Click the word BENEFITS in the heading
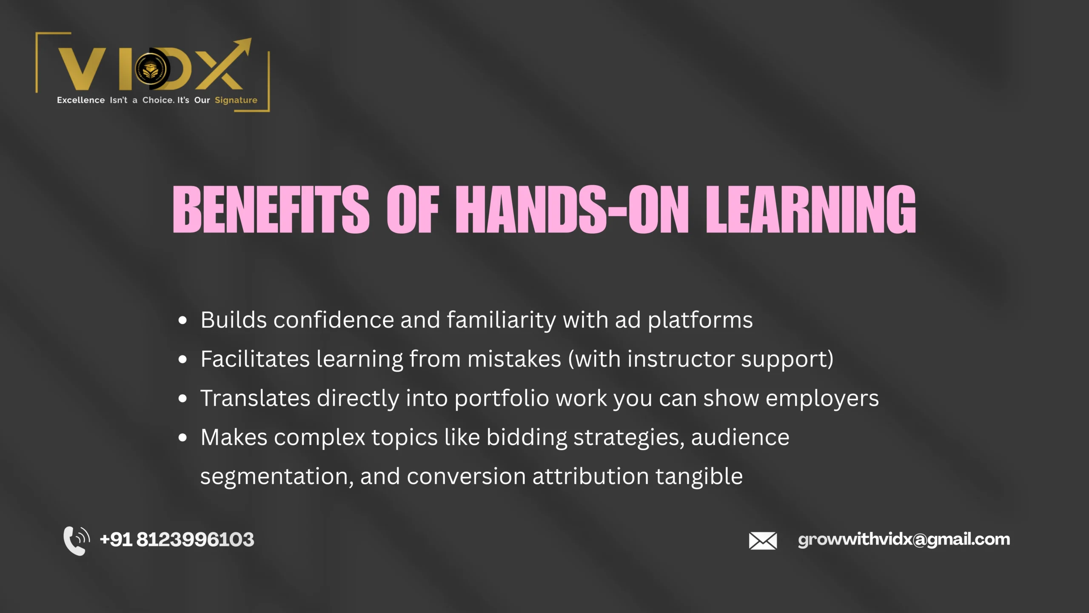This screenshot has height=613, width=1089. pos(271,209)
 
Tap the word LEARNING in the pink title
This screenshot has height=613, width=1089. pos(811,209)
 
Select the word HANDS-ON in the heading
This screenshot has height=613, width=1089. pos(572,209)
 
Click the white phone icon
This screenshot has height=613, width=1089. pos(76,540)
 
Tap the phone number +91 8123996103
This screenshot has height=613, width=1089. pos(177,540)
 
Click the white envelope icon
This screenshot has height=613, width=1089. pos(763,541)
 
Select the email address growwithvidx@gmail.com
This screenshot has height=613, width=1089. pos(904,540)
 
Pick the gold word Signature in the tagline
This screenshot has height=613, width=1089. pos(236,100)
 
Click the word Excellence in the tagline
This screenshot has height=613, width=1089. pos(81,100)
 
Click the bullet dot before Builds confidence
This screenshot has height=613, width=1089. pos(182,321)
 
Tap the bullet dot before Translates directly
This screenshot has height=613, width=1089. pos(182,399)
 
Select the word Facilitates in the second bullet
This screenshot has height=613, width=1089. pos(255,359)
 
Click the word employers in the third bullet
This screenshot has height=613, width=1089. pos(822,399)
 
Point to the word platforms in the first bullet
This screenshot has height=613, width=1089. pos(700,321)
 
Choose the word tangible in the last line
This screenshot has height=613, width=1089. pos(699,477)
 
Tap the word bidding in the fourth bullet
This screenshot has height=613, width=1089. pos(526,438)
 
